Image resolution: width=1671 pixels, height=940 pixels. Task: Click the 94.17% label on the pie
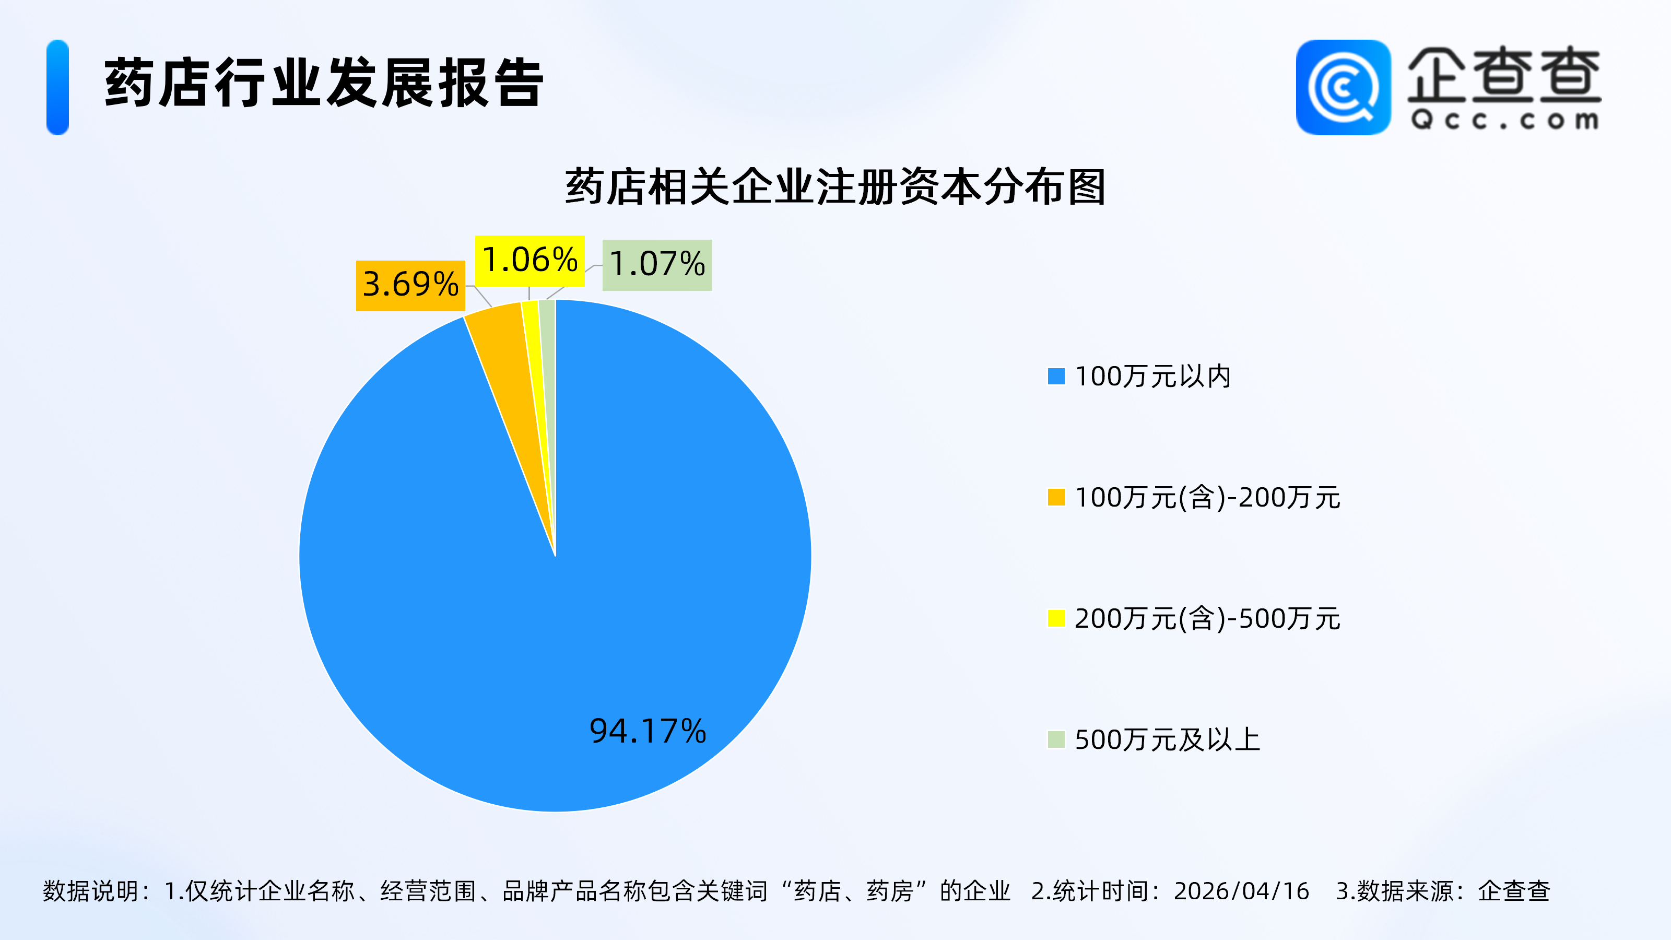pos(648,731)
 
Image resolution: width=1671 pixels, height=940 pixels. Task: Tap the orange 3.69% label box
pos(410,286)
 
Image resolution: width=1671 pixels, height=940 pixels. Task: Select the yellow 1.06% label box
pos(529,261)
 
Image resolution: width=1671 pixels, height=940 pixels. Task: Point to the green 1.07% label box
pos(657,265)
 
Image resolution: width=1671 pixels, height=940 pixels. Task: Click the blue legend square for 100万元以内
pos(1056,376)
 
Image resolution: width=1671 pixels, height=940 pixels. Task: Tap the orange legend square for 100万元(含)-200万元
pos(1056,498)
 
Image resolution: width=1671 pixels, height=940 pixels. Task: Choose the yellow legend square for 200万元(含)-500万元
pos(1056,618)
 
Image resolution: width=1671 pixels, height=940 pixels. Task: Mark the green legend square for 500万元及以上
pos(1056,739)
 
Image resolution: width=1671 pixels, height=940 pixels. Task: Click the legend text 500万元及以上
pos(1167,739)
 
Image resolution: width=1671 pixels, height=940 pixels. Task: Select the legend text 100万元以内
pos(1152,376)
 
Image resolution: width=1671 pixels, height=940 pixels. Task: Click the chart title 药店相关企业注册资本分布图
pos(835,187)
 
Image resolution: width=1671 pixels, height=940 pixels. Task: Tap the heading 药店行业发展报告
pos(323,83)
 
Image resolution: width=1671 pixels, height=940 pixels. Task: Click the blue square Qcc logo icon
pos(1343,88)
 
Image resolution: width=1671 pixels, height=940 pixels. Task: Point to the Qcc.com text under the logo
pos(1504,121)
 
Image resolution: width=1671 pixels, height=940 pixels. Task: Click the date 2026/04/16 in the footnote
pos(1241,891)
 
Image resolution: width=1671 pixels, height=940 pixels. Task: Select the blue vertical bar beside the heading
pos(58,88)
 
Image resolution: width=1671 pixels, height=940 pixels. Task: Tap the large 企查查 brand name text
pos(1504,75)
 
